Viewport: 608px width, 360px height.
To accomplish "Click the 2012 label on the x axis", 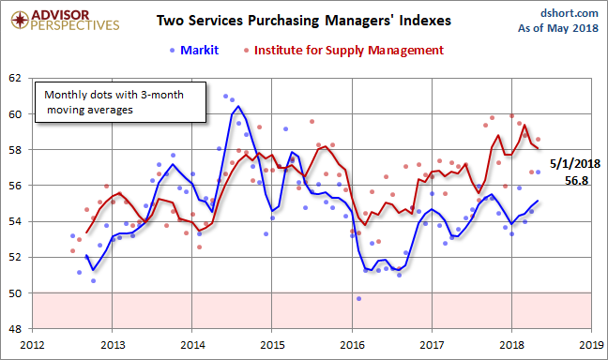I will click(x=32, y=343).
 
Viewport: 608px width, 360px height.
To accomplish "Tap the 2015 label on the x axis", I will click(x=271, y=343).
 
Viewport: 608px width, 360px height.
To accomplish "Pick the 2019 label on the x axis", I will click(x=591, y=343).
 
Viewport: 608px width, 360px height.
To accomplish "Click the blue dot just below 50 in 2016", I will click(x=358, y=298).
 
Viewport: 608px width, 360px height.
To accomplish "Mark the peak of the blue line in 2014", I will click(x=238, y=106).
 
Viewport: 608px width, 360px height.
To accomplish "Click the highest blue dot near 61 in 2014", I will click(x=225, y=96).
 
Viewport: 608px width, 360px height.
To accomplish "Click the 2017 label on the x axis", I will click(x=432, y=343).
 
